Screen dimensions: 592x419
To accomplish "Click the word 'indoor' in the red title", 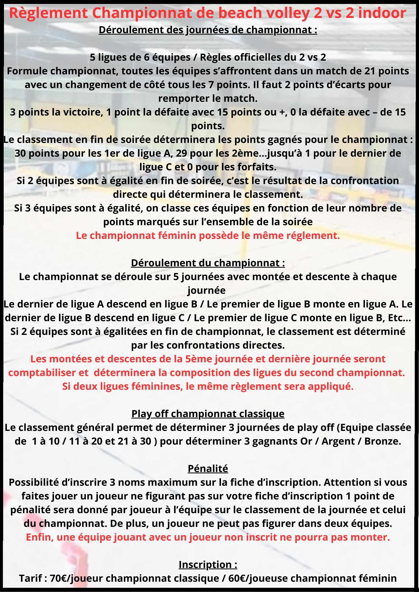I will tap(382, 13).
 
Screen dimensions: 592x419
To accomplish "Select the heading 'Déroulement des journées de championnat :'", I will tap(208, 30).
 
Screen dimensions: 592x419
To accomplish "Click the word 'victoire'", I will tap(81, 112).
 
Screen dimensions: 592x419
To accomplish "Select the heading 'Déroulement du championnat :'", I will tap(208, 263).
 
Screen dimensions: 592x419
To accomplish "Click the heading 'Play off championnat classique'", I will tap(208, 414).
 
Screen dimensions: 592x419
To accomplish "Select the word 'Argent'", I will tap(338, 441).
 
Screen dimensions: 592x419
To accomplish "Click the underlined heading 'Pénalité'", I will tap(208, 469).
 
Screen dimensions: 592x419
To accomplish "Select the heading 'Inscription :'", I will tap(208, 565).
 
